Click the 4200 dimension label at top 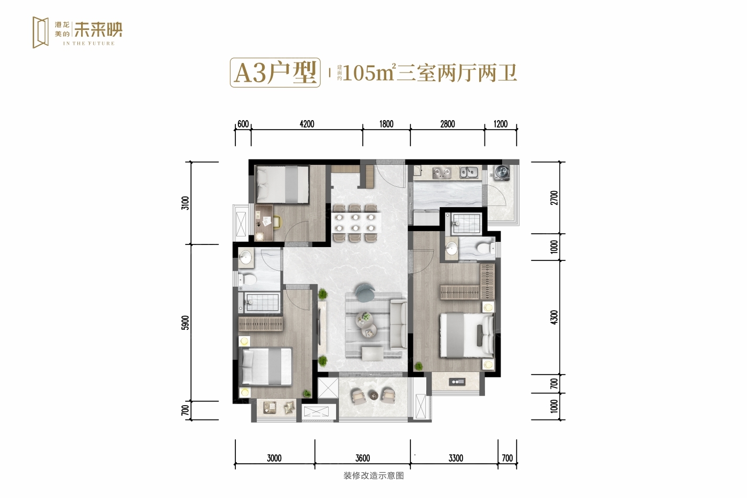[x=307, y=124]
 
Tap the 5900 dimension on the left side [x=185, y=322]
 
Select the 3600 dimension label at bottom [x=362, y=458]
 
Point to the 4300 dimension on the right [x=554, y=317]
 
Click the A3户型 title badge [x=275, y=73]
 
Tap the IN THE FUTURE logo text [x=89, y=43]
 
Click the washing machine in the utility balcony [x=502, y=172]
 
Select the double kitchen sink [x=469, y=172]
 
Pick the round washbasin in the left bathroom [x=245, y=257]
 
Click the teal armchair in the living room [x=365, y=293]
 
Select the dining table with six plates [x=355, y=223]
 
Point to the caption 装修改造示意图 [x=373, y=476]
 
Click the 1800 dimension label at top [x=386, y=124]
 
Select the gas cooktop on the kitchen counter [x=442, y=172]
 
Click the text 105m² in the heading [x=369, y=73]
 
